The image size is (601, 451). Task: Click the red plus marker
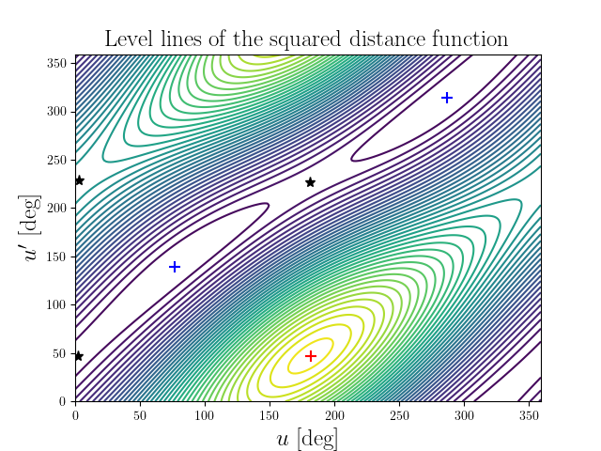311,356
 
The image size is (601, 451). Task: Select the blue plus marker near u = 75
174,267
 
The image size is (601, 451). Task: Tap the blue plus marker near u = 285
447,98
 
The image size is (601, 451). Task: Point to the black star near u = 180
310,181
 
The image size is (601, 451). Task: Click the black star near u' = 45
79,356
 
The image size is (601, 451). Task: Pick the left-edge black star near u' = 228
79,180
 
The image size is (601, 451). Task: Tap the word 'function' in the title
467,39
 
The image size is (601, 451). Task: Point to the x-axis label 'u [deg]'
308,439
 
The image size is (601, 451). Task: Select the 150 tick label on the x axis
270,413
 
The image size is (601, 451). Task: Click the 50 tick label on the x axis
140,413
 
